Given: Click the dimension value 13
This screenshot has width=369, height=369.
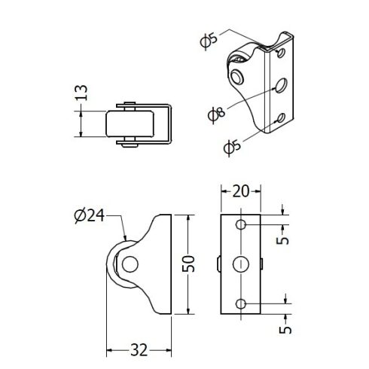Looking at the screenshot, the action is tap(81, 93).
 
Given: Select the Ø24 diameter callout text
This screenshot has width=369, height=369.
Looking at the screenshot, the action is tap(90, 215).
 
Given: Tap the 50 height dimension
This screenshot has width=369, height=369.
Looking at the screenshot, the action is tap(188, 264).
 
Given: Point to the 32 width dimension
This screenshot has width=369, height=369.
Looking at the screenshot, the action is tap(139, 349).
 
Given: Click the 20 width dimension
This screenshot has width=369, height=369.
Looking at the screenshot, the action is tap(241, 191).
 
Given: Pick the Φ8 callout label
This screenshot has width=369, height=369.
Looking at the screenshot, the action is tap(217, 114).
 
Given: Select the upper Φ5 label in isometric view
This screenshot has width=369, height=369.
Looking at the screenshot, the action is tap(209, 40).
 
